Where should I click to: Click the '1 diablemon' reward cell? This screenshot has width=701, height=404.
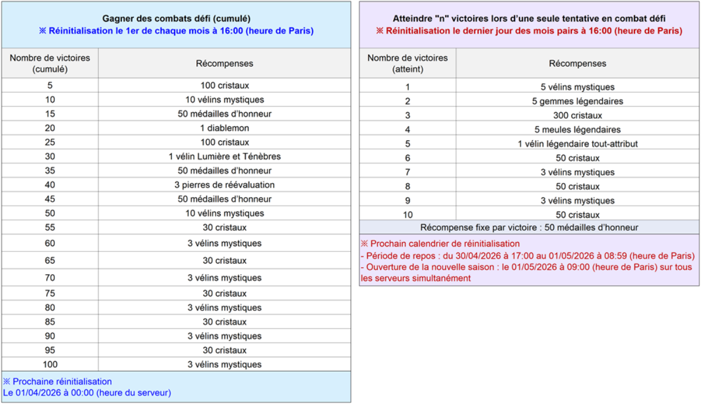pos(224,128)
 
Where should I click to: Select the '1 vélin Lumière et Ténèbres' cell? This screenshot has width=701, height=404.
pos(224,157)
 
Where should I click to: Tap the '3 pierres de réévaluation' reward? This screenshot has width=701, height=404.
pos(224,185)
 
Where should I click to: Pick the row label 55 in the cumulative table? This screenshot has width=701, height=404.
pos(50,227)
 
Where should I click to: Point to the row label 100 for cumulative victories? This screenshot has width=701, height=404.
pos(50,365)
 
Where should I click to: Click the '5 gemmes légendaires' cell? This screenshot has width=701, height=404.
pos(577,101)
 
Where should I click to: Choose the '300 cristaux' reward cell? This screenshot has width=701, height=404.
pos(577,115)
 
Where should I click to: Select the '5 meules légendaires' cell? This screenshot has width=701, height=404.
pos(577,130)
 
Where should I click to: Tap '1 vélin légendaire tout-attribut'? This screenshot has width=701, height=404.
pos(577,144)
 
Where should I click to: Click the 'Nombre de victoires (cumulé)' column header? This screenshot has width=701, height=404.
pos(50,63)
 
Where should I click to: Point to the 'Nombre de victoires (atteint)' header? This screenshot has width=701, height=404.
pos(407,63)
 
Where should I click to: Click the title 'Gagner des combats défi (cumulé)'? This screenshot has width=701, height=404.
pos(176,19)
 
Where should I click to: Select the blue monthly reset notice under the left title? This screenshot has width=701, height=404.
pos(176,30)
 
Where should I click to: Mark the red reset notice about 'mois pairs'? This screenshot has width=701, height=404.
pos(529,30)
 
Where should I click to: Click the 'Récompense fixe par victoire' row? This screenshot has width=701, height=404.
pos(529,227)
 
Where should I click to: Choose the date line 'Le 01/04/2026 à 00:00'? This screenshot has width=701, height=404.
pos(87,393)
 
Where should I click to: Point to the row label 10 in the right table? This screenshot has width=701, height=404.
pos(407,215)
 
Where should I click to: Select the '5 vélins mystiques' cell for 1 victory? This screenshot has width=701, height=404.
pos(577,87)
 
